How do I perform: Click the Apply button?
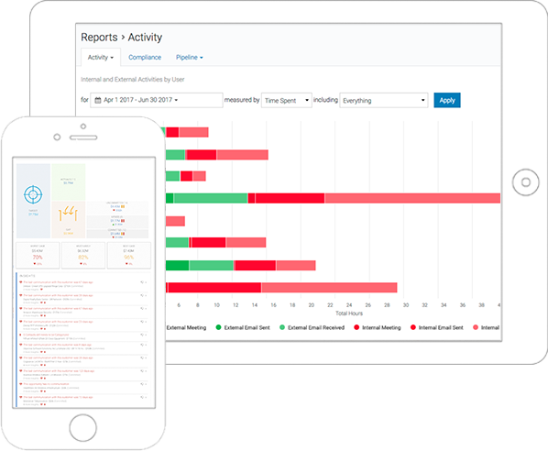click(447, 100)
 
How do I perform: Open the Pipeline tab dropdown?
click(190, 58)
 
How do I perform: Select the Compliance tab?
click(145, 58)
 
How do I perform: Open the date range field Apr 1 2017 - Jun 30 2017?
click(158, 100)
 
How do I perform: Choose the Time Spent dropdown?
click(286, 100)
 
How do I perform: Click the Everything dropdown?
click(383, 100)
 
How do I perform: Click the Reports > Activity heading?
click(122, 37)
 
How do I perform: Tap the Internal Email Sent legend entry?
click(448, 326)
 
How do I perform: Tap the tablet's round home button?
click(523, 180)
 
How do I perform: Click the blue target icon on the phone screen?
click(33, 195)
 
